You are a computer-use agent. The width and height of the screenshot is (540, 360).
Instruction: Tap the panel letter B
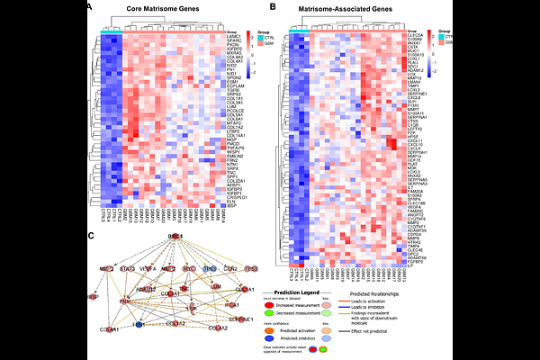[x=273, y=7]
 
